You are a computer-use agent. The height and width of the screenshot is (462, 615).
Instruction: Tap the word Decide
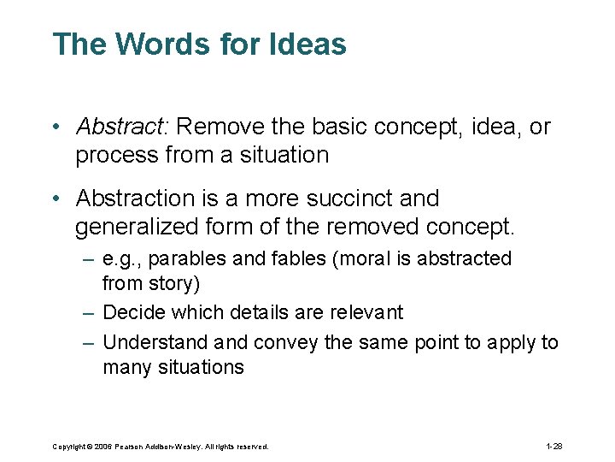point(131,313)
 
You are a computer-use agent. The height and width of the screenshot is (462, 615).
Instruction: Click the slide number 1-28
point(553,446)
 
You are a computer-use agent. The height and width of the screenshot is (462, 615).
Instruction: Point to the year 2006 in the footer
point(102,447)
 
